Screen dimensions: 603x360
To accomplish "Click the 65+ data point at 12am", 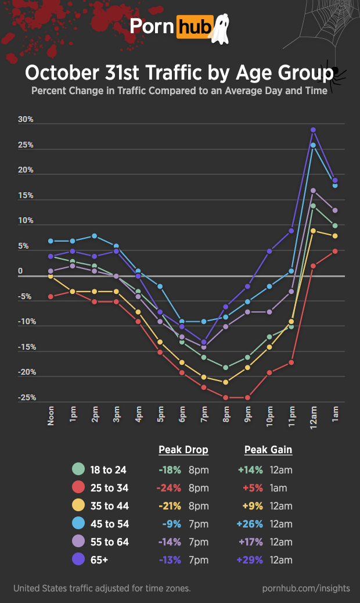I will coord(313,130).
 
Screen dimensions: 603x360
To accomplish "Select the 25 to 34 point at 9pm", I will coord(247,397).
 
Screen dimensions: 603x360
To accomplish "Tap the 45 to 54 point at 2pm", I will coord(94,236).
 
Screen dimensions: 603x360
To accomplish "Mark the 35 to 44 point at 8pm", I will coord(225,382).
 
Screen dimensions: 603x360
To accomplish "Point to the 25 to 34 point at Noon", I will coord(51,296).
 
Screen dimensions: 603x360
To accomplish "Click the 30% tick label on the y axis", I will coord(26,120).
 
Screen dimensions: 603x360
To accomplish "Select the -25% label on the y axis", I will coord(26,398).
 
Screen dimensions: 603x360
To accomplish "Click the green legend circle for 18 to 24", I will coord(78,469).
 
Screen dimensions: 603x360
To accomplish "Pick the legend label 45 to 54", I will coord(109,524).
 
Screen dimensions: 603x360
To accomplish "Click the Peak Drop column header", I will coord(183,450).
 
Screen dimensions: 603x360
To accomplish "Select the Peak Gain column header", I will coord(268,450).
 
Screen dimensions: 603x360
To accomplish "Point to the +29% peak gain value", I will coord(251,560).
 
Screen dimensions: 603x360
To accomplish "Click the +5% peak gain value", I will coord(253,488).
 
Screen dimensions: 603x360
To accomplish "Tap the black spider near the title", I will coord(335,73).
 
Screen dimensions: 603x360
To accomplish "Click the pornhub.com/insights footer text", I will coord(306,588).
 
